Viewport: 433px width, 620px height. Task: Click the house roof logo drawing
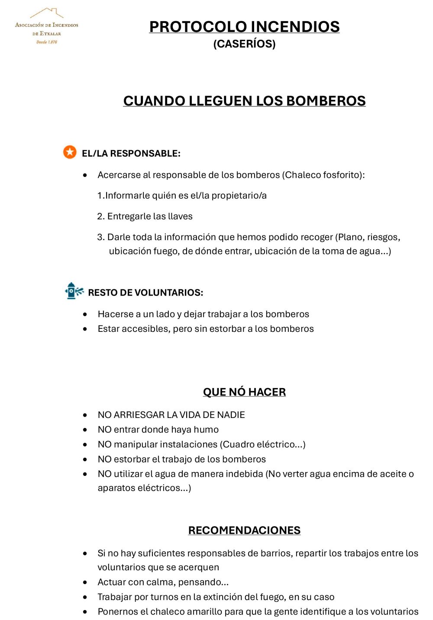pos(47,13)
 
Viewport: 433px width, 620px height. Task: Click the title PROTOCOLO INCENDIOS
pos(244,27)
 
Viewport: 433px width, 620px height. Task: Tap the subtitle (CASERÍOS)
pos(244,44)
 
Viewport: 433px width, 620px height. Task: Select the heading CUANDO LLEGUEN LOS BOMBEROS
pos(244,101)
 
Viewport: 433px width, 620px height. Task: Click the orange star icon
pos(70,152)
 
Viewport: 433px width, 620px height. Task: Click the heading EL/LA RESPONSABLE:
pos(131,154)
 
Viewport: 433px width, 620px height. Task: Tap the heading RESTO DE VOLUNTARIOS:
pos(145,293)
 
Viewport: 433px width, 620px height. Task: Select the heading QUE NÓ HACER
pos(244,392)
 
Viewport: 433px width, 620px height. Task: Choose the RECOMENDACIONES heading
pos(244,530)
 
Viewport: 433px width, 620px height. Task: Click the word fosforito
pos(342,175)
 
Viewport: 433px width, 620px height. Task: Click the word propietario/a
pos(239,196)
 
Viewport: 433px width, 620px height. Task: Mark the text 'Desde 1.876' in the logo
pos(47,42)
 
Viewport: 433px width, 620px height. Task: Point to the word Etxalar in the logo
pos(50,33)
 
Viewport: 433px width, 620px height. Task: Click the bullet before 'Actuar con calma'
pos(85,582)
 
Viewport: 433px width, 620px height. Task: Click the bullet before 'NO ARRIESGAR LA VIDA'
pos(85,415)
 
